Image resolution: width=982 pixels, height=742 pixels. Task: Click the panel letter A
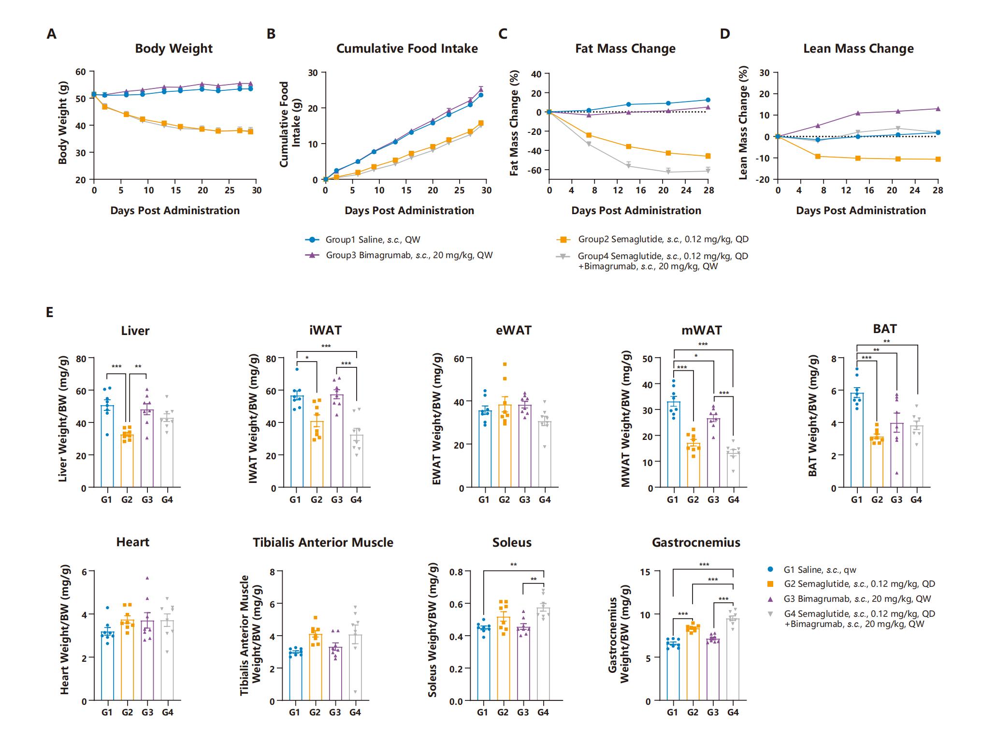click(x=51, y=34)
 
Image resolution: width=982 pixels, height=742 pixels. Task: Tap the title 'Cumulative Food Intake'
click(x=407, y=49)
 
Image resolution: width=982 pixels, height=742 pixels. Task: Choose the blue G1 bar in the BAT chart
click(x=857, y=440)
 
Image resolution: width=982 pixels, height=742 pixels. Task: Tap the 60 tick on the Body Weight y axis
click(x=81, y=72)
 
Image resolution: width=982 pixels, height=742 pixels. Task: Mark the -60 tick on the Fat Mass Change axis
click(x=534, y=170)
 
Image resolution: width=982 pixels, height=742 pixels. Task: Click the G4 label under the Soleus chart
click(x=543, y=713)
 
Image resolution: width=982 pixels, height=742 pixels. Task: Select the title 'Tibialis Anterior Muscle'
click(x=323, y=543)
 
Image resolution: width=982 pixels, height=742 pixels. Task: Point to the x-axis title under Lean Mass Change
click(x=861, y=211)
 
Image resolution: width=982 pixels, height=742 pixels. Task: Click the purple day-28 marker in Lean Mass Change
click(x=938, y=109)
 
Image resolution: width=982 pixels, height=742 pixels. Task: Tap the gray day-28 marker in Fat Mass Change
click(x=708, y=170)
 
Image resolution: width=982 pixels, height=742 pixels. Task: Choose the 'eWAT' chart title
click(x=513, y=331)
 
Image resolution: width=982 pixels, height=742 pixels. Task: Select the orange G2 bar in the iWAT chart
click(x=317, y=454)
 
